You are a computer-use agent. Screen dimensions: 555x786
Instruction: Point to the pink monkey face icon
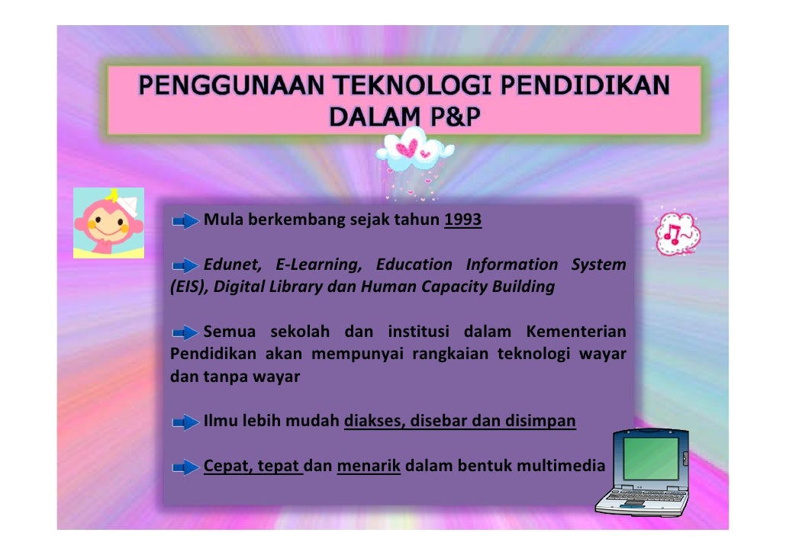(x=108, y=223)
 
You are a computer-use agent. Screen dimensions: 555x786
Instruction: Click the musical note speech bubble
(x=676, y=231)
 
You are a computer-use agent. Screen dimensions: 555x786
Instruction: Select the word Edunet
(x=231, y=265)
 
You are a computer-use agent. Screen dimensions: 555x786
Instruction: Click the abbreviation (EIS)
(x=186, y=287)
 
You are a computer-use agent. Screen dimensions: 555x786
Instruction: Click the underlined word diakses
(x=372, y=421)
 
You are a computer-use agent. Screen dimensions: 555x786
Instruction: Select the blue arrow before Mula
(x=185, y=222)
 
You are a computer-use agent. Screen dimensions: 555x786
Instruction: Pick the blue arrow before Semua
(x=185, y=333)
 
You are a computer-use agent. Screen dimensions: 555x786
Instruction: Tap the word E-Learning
(x=318, y=265)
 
